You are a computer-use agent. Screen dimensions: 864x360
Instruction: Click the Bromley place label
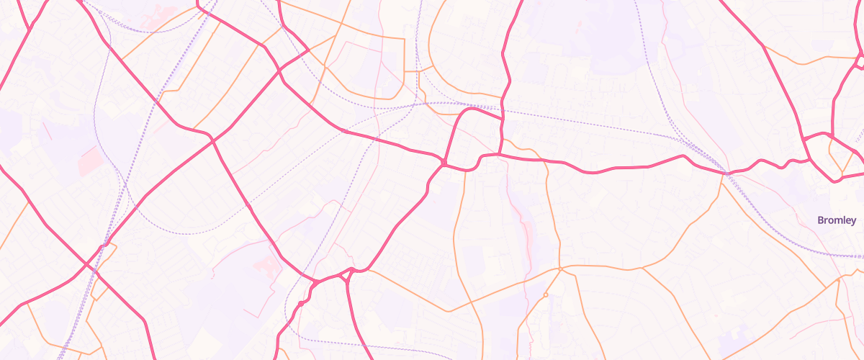point(837,220)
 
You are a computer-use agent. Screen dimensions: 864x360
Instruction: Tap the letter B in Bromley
point(821,220)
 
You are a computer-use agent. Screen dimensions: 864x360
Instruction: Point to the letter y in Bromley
point(853,222)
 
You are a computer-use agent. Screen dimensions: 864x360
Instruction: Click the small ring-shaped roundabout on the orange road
point(546,295)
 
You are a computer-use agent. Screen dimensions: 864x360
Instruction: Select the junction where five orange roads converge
point(560,269)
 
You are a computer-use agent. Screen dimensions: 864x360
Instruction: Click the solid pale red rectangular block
point(90,160)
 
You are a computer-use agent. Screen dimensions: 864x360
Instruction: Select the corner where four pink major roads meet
point(444,164)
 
